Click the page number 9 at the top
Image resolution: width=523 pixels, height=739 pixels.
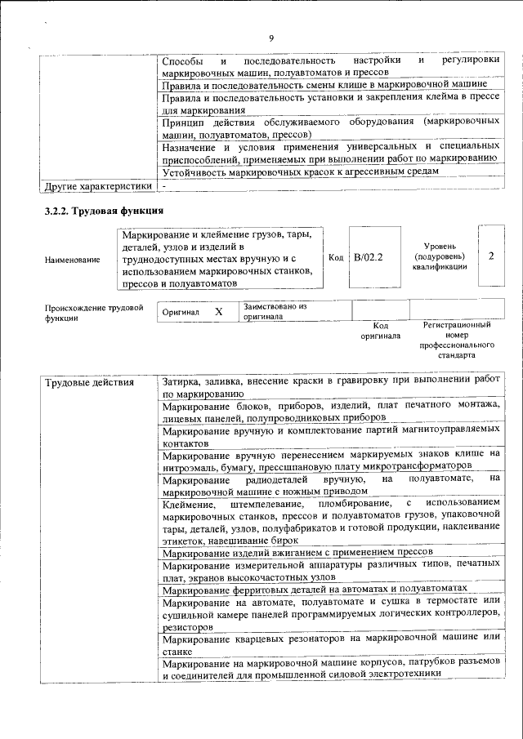(x=271, y=37)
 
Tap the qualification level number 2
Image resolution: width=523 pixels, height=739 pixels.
(x=491, y=256)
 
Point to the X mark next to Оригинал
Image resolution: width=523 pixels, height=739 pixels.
(x=218, y=312)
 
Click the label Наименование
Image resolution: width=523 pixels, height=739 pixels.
(x=73, y=260)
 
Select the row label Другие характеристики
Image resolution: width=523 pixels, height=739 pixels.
(x=98, y=186)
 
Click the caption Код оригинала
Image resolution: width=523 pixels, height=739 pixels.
(x=380, y=330)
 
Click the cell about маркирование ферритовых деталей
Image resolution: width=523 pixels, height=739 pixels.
(x=315, y=588)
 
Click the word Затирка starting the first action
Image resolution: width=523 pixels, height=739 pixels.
(x=180, y=381)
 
